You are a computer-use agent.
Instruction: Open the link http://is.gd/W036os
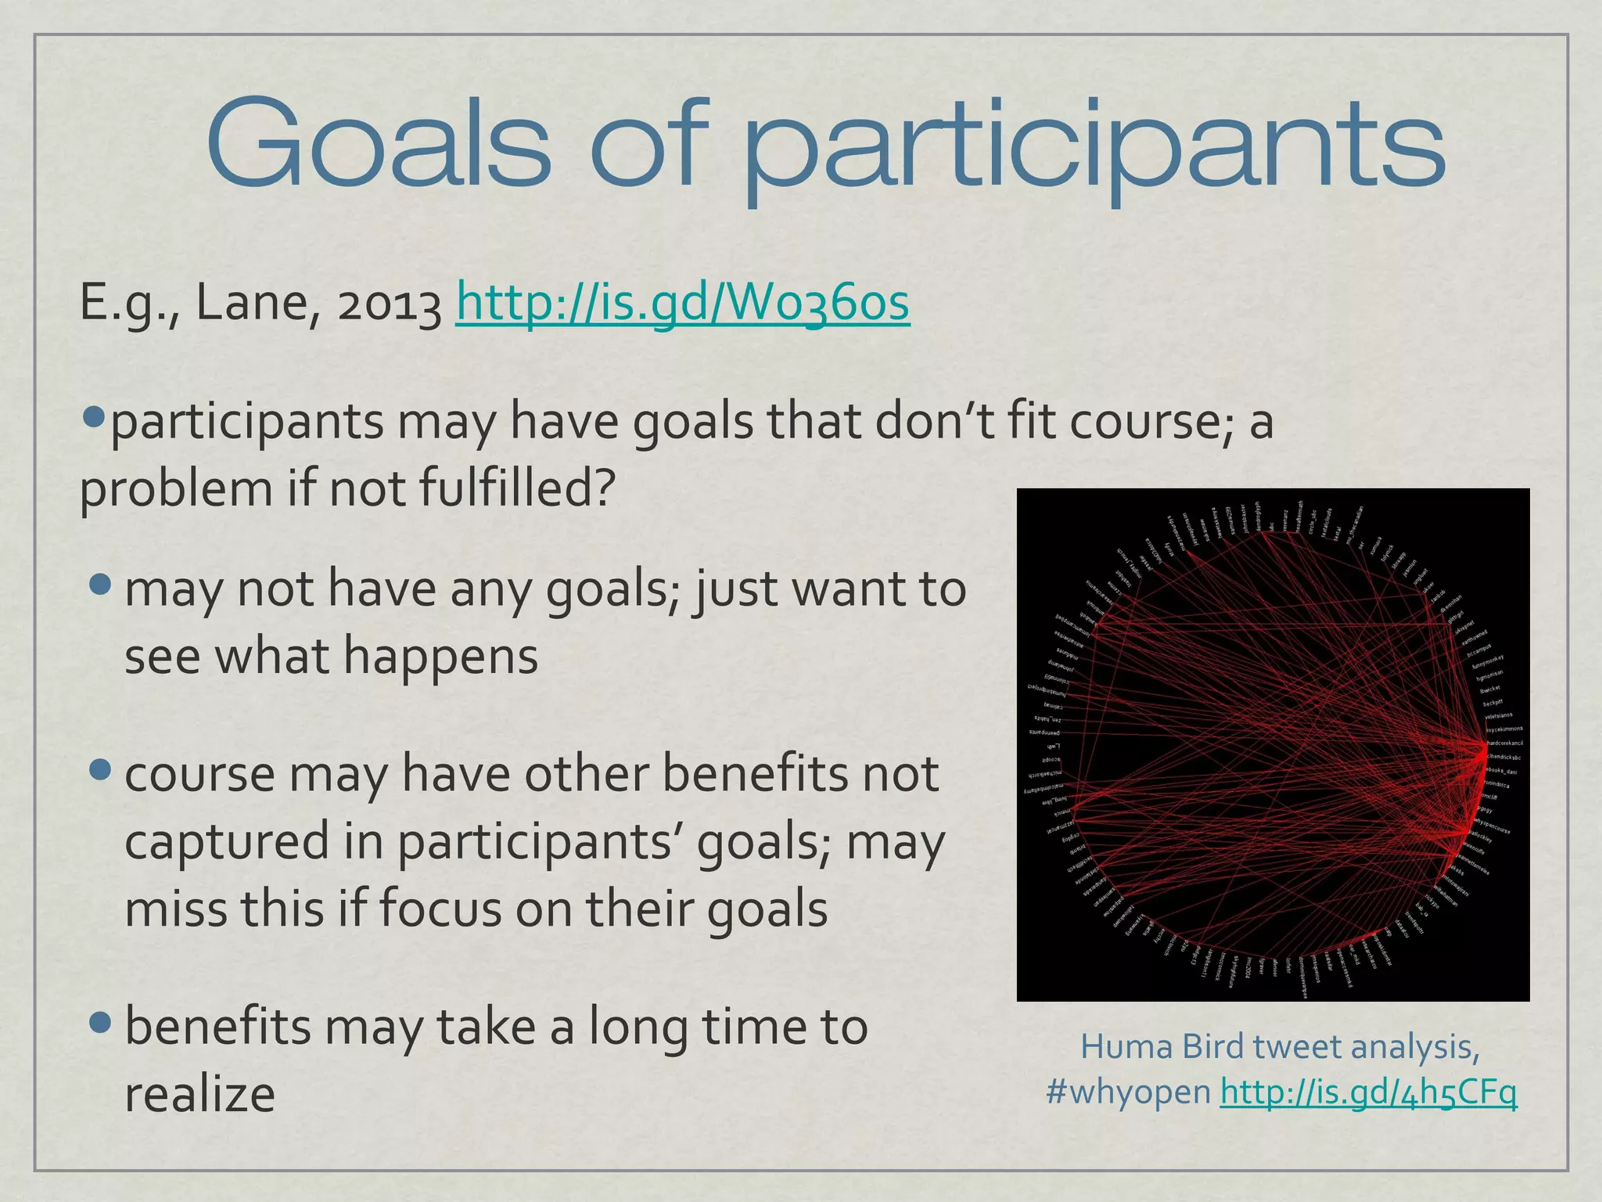coord(682,304)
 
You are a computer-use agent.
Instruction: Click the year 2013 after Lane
coord(389,305)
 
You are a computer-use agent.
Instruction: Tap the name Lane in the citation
coord(253,304)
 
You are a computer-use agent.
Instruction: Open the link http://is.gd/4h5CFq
coord(1368,1092)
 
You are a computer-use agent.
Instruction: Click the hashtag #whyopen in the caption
coord(1128,1092)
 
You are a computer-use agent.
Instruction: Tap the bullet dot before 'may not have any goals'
coord(101,585)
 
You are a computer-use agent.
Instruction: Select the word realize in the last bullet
coord(199,1094)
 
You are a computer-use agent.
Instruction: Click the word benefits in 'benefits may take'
coord(218,1027)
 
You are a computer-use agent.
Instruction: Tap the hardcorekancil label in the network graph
coord(1504,743)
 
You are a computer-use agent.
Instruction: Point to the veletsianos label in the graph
coord(1499,715)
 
